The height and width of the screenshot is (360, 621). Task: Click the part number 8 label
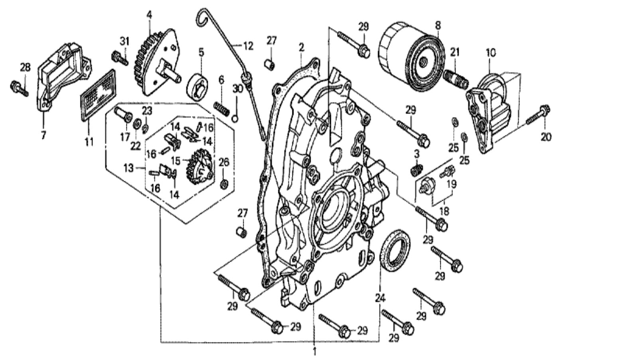pyautogui.click(x=438, y=26)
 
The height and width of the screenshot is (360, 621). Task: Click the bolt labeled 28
pyautogui.click(x=19, y=88)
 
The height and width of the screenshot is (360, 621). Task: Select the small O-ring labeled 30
pyautogui.click(x=235, y=119)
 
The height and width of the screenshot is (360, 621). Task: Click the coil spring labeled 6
pyautogui.click(x=221, y=109)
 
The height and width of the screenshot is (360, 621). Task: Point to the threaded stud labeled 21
pyautogui.click(x=456, y=79)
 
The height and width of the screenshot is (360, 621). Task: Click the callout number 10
pyautogui.click(x=491, y=53)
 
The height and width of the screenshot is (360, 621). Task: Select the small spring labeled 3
pyautogui.click(x=416, y=170)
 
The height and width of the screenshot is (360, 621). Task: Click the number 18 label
pyautogui.click(x=444, y=211)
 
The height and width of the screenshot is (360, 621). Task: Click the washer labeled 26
pyautogui.click(x=224, y=184)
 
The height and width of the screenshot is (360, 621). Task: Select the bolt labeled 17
pyautogui.click(x=123, y=114)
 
